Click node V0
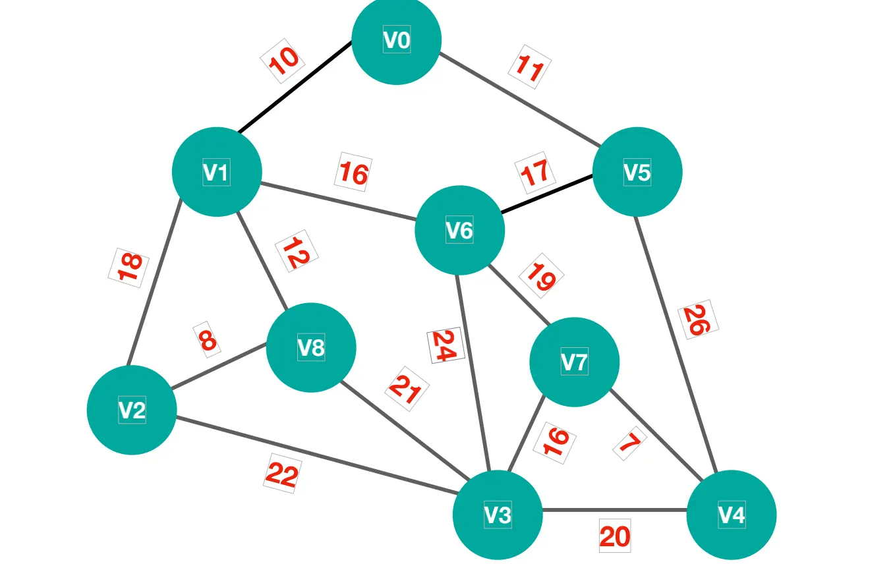396,40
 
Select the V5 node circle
637,172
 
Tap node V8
311,347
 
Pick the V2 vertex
132,410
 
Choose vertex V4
731,515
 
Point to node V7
574,362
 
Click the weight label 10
284,61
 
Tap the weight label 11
529,67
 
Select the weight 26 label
697,320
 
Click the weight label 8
207,340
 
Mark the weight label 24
446,345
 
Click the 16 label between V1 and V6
353,173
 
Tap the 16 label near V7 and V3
555,441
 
